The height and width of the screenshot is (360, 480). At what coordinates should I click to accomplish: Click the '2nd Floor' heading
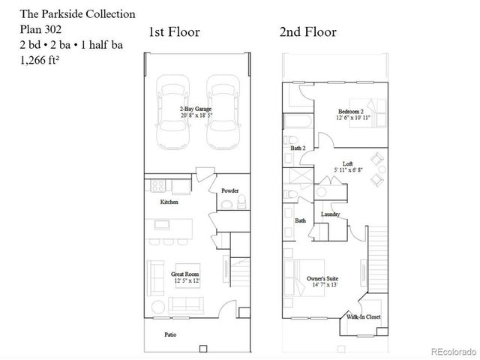(x=307, y=31)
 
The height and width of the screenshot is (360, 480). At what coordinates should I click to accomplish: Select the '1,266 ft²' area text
(x=42, y=62)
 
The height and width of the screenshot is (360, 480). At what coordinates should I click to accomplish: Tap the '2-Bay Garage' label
(x=196, y=109)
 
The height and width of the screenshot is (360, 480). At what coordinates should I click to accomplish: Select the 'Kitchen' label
(x=169, y=202)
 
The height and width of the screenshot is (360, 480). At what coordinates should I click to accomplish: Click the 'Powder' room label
(x=229, y=191)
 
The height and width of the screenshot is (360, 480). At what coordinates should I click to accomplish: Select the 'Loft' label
(x=347, y=163)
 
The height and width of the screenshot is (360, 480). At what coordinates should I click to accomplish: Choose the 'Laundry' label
(x=331, y=214)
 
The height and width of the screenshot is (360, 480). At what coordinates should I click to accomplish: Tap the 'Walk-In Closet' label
(x=364, y=317)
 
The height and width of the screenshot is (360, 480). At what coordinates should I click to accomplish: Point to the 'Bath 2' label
(x=298, y=148)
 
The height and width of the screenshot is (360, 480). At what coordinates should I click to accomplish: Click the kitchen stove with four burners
(x=157, y=184)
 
